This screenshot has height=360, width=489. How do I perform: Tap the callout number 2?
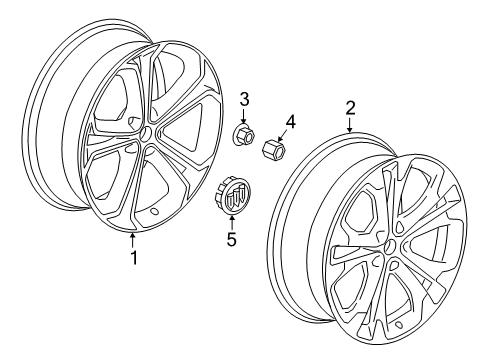pos(351,106)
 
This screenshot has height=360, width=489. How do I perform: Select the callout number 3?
pos(242,99)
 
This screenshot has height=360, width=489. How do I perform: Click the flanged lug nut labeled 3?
pos(243,133)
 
